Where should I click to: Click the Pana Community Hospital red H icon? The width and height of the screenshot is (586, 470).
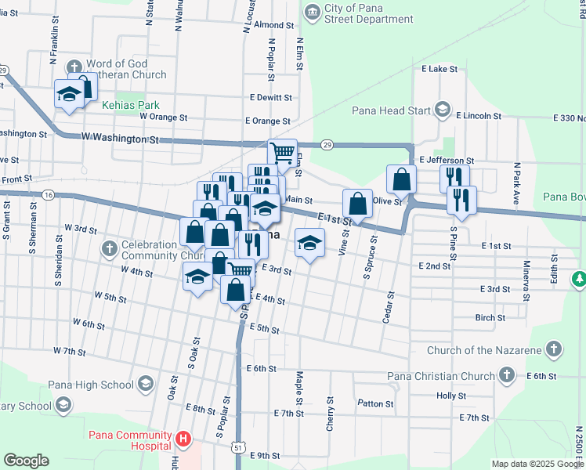(x=183, y=439)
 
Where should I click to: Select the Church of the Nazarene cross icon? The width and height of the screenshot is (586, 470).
(x=554, y=348)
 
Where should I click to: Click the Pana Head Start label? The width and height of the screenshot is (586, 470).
(x=391, y=110)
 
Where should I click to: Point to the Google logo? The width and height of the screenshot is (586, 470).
(x=26, y=461)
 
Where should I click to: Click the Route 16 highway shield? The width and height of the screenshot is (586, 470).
(x=49, y=193)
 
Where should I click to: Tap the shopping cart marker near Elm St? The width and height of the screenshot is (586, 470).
(x=282, y=152)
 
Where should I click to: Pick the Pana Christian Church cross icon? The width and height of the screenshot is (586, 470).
(x=507, y=376)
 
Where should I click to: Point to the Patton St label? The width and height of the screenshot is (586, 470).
(x=375, y=404)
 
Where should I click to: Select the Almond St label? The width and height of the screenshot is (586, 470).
(x=273, y=25)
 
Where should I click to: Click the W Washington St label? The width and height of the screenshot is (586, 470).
(x=120, y=139)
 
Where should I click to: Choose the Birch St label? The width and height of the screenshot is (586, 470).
(x=490, y=318)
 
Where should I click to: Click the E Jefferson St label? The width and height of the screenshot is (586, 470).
(x=447, y=160)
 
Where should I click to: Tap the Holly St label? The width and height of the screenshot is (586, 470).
(x=451, y=396)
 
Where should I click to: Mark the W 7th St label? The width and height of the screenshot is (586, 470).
(x=69, y=351)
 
